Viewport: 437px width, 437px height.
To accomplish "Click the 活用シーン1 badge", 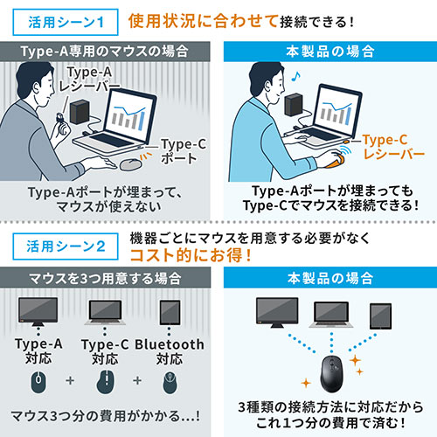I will (66, 20).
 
